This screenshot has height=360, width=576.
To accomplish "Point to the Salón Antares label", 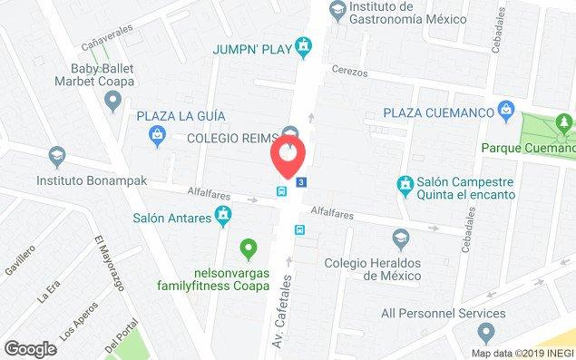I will [x=171, y=217].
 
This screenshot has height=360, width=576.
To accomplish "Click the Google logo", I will [x=30, y=347].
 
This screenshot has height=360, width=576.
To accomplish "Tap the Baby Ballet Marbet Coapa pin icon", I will [x=112, y=102].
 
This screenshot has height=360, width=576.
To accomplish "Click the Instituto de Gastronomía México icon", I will [x=337, y=9].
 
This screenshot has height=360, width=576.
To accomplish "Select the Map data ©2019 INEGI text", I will [x=522, y=353].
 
